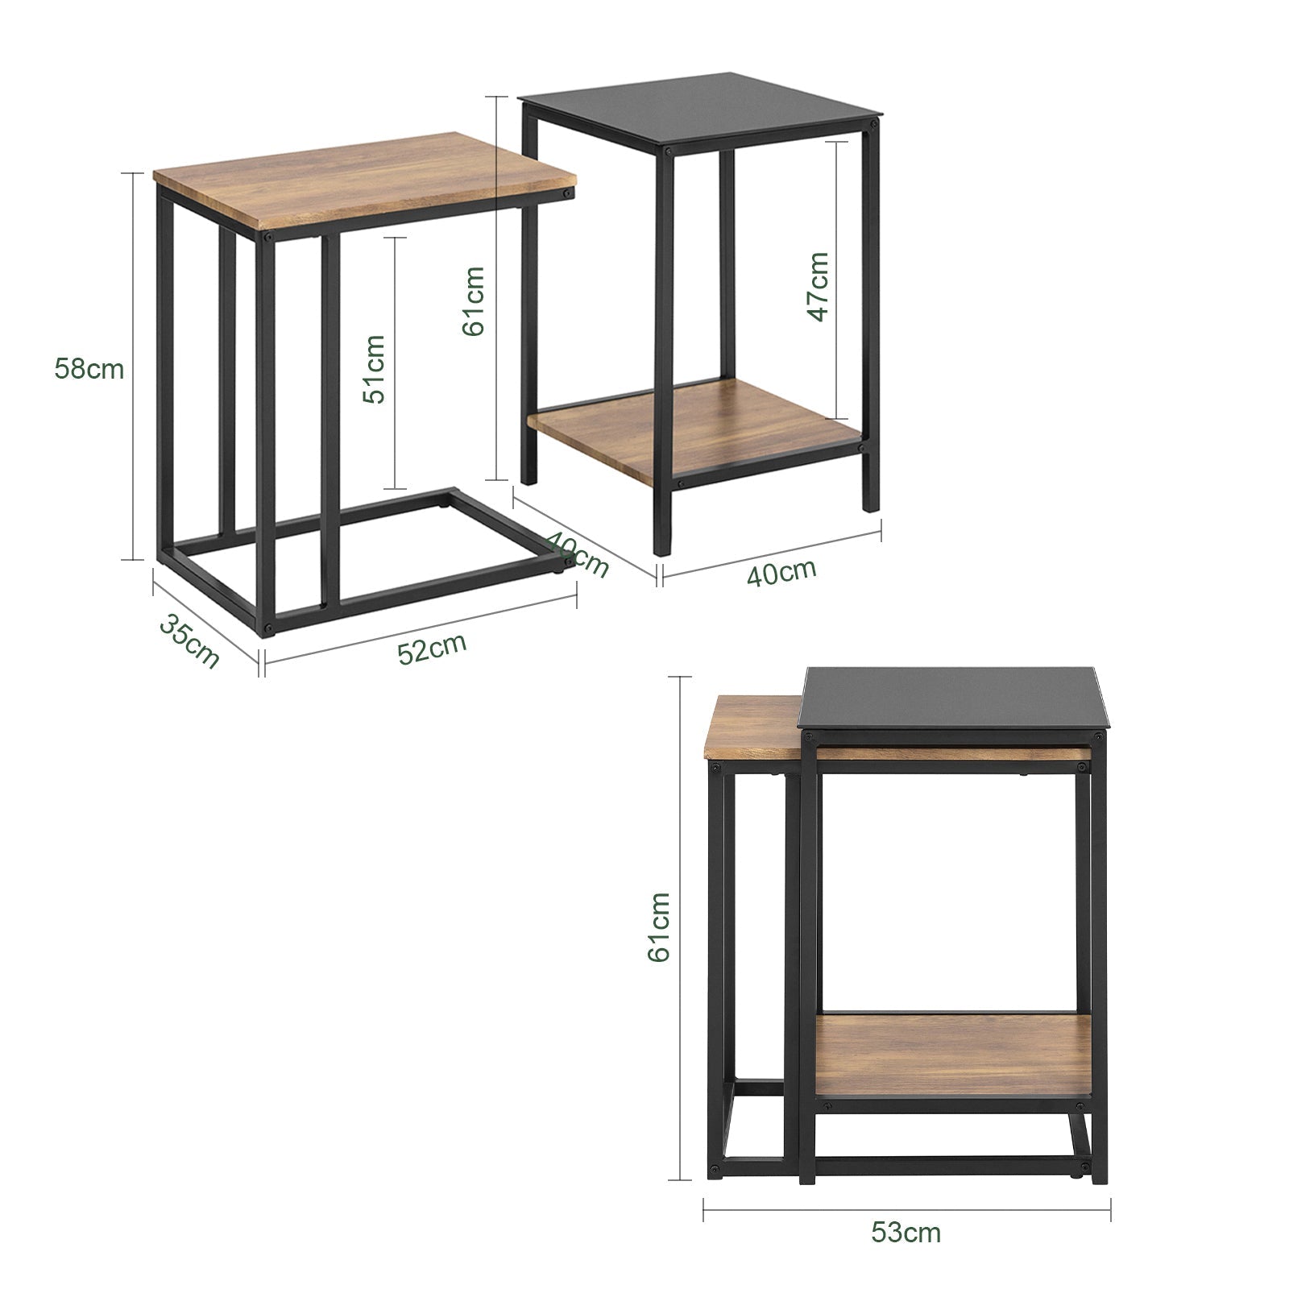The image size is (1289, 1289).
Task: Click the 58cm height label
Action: tap(89, 369)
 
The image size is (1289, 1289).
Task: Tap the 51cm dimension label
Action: tap(373, 369)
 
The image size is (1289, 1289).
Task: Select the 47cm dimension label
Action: tap(818, 286)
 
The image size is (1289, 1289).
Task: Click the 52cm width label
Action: tap(433, 649)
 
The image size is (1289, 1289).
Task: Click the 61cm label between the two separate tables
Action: tap(473, 300)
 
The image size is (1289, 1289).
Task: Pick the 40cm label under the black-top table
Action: tap(781, 573)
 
